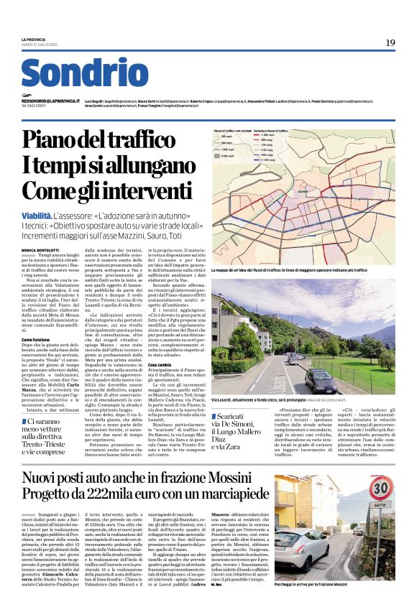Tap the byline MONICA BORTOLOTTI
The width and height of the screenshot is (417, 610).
[45, 249]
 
